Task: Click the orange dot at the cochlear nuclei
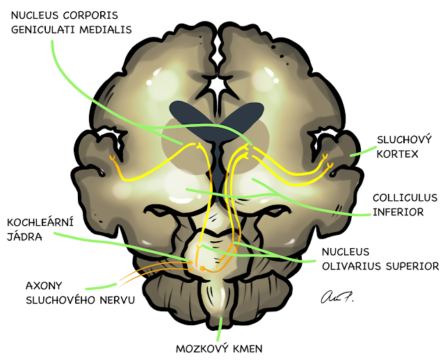point(202,268)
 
